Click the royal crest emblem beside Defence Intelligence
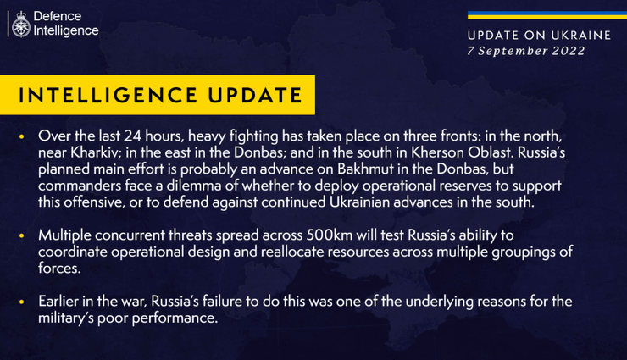(21, 24)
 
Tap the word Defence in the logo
(57, 16)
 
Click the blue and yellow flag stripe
(547, 15)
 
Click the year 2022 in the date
(569, 51)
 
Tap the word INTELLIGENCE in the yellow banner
(108, 95)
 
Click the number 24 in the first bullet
(132, 136)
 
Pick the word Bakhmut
(366, 169)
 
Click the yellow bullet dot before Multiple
(21, 235)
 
